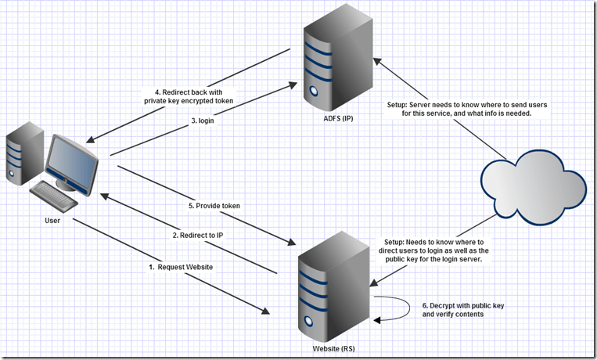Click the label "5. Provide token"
[214, 205]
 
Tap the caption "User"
[52, 221]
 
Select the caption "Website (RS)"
[329, 348]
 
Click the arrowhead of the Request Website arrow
[265, 312]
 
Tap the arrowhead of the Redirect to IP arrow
[102, 196]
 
